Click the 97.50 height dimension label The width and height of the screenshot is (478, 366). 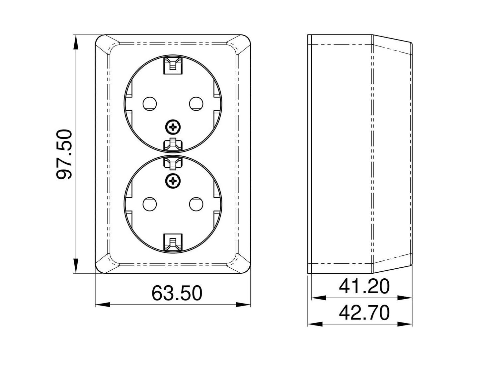(x=64, y=154)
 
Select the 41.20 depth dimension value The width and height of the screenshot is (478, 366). (x=364, y=286)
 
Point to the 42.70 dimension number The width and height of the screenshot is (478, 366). (x=364, y=313)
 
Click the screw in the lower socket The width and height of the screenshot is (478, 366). (x=173, y=181)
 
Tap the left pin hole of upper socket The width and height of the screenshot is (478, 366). (x=150, y=104)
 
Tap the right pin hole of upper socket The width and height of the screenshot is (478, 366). (x=196, y=104)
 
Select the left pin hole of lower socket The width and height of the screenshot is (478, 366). (x=150, y=204)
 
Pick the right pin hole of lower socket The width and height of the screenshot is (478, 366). (x=196, y=204)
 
